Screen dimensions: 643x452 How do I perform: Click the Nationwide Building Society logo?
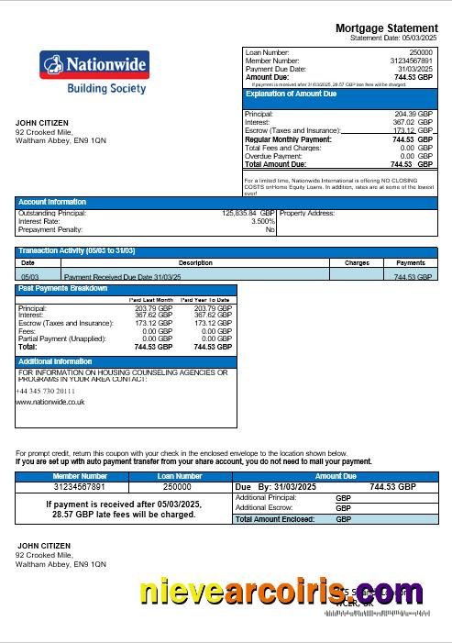93,73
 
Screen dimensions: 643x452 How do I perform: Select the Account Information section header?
53,202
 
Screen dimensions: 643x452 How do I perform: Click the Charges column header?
357,262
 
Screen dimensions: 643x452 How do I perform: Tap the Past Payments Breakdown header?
62,289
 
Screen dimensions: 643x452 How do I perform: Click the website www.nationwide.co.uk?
51,402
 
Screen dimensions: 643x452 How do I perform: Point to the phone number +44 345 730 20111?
46,391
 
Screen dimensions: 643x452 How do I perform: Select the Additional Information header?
55,361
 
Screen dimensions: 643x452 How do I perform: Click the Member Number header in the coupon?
80,476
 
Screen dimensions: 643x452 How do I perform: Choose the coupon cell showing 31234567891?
80,487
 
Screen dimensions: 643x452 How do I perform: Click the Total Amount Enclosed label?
275,519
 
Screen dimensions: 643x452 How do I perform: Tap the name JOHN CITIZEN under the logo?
39,121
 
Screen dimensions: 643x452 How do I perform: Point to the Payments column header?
410,262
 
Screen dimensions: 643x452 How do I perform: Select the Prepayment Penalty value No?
270,229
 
